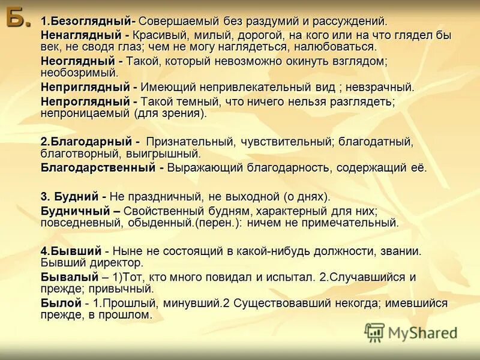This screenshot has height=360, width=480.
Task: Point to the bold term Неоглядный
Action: tap(76, 61)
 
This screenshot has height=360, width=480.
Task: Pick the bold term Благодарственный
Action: tap(98, 167)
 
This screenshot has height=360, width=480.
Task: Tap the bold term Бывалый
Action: tap(69, 277)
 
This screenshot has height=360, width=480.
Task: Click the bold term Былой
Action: tap(60, 303)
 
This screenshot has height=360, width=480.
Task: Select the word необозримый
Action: tap(78, 73)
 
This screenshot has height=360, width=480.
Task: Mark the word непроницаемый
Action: tap(83, 113)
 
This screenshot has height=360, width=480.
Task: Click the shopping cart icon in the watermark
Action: tap(374, 332)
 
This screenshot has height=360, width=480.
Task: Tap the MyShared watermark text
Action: tap(422, 332)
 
